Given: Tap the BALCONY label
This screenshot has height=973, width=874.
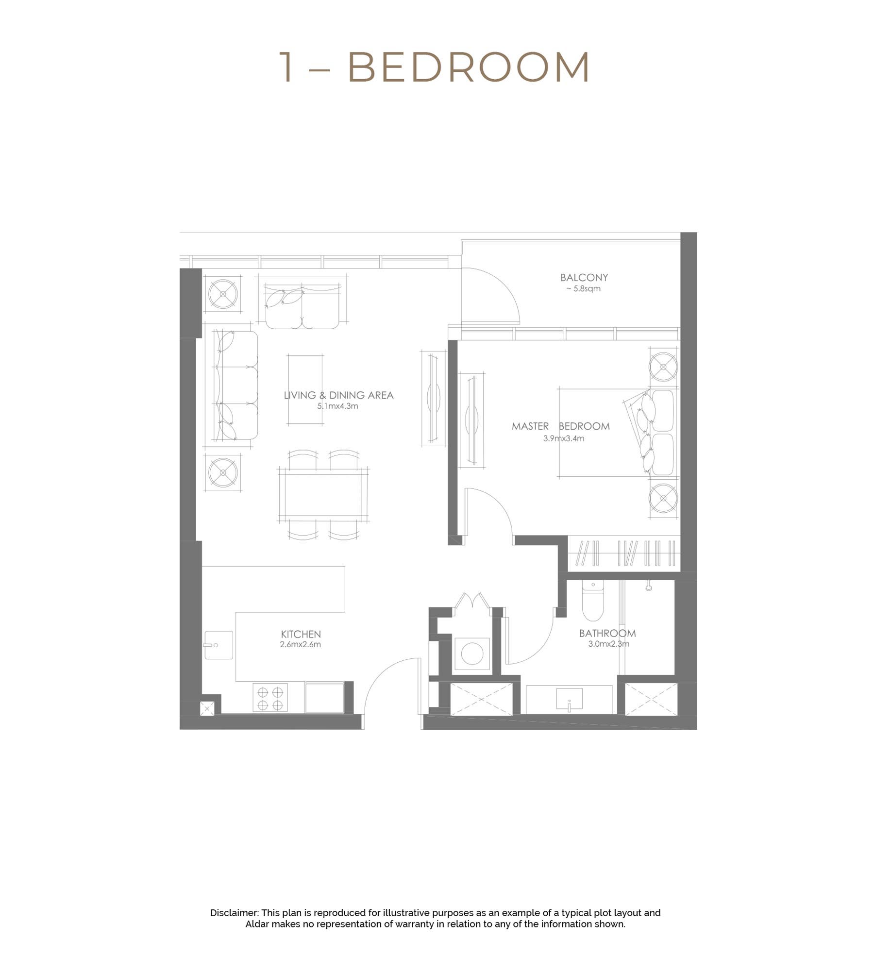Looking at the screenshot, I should pos(584,278).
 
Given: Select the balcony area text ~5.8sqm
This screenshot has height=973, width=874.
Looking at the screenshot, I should pos(583,289).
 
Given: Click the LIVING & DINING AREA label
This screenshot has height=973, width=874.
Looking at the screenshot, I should pos(338,396).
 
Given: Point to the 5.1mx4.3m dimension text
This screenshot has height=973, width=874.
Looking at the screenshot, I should pos(337,406).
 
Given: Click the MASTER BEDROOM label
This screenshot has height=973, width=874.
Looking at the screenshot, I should pos(560,427).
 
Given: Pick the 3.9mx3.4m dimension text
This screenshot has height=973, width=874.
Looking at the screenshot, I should pos(563,438).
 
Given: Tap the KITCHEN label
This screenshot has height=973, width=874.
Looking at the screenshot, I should pos(301,635).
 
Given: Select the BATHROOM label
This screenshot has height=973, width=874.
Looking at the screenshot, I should pos(607,634).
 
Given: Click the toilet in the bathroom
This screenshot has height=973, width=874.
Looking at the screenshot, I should pos(592,602).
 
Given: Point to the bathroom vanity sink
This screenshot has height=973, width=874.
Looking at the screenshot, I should pos(569,699).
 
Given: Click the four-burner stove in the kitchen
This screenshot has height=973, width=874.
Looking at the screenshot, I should pos(270,698).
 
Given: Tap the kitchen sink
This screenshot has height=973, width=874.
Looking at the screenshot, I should pos(218,645).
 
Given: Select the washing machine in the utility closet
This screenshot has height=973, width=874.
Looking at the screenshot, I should pos(472,654).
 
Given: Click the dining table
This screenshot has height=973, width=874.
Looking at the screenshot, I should pos(323,495).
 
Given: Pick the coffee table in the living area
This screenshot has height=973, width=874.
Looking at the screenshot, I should pos(305,390).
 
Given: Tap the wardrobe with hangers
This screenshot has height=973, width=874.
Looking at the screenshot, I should pos(624,554).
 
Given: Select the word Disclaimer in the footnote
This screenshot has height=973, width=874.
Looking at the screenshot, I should pos(234,913).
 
